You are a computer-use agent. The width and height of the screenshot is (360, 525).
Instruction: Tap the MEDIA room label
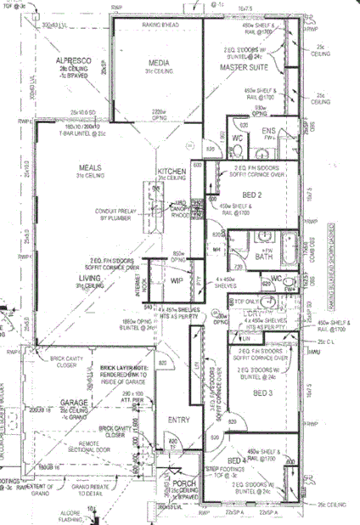(x=159, y=63)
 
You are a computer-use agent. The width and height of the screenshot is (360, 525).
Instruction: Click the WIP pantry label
(x=177, y=279)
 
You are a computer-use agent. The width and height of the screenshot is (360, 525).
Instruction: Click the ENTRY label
(x=178, y=420)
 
